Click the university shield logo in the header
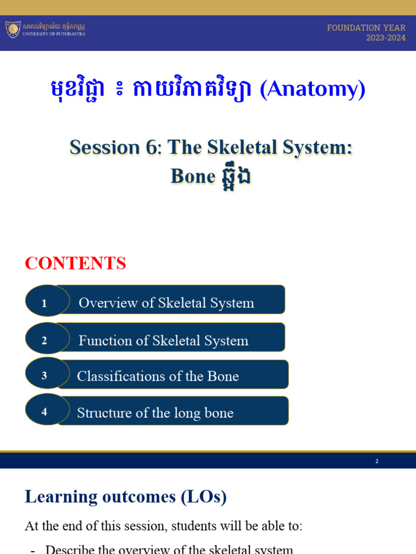click(13, 29)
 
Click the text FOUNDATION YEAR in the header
click(366, 28)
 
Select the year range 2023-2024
click(386, 38)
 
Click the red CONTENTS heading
click(75, 263)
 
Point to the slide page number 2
click(376, 461)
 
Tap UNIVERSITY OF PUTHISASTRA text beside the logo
click(54, 34)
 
